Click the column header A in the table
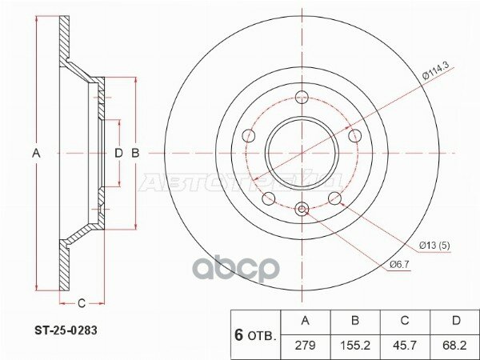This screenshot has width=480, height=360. pyautogui.click(x=304, y=321)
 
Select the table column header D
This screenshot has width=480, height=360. pyautogui.click(x=454, y=321)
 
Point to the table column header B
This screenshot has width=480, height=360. pyautogui.click(x=354, y=321)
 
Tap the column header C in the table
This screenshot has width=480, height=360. pyautogui.click(x=405, y=321)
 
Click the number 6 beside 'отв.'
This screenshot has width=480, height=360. pyautogui.click(x=239, y=334)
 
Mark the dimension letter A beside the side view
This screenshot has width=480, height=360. pyautogui.click(x=35, y=152)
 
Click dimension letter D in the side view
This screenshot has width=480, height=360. pyautogui.click(x=117, y=152)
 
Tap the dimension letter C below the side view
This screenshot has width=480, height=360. pyautogui.click(x=82, y=302)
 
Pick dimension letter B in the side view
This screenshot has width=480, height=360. pyautogui.click(x=135, y=152)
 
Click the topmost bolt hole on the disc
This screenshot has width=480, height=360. pyautogui.click(x=302, y=98)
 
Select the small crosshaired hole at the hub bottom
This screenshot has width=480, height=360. pyautogui.click(x=302, y=210)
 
